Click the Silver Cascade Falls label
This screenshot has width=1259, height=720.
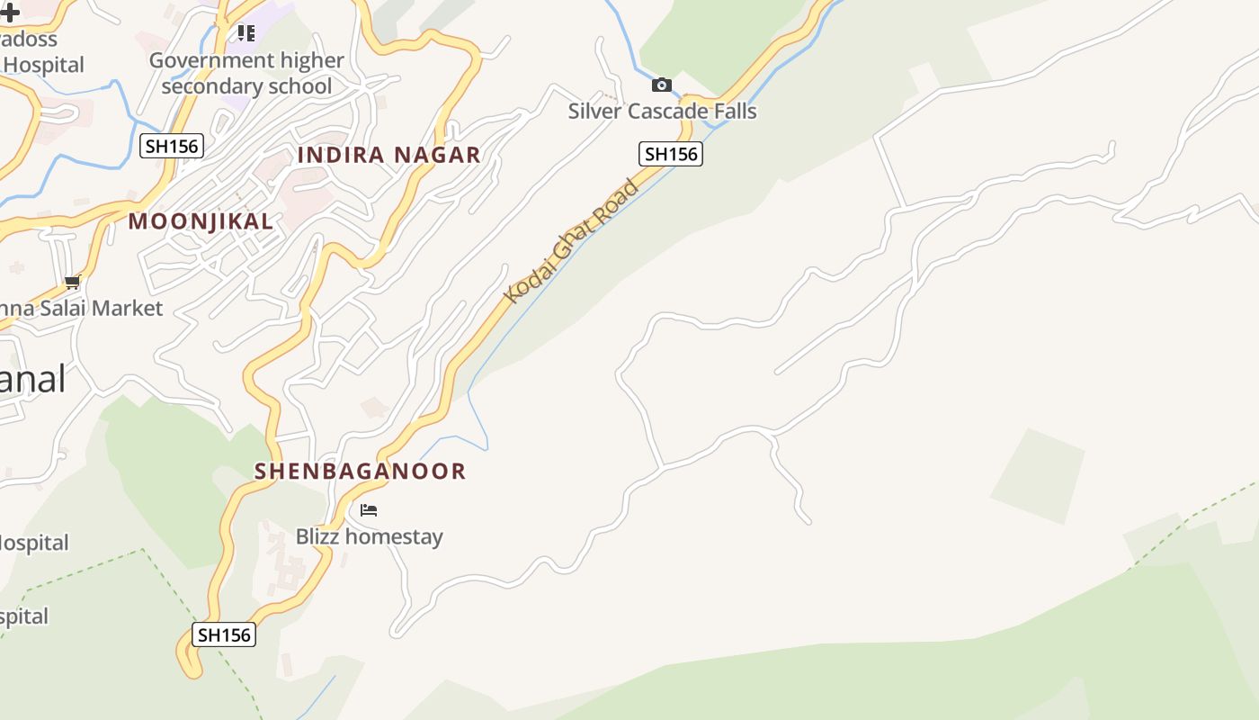coord(662,112)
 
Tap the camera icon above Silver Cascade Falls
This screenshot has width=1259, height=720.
coord(662,85)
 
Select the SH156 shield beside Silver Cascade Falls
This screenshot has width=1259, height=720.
coord(671,154)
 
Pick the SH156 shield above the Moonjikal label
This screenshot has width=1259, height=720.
coord(172,146)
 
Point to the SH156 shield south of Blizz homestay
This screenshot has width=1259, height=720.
coord(224,634)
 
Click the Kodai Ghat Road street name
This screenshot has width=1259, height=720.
coord(571,241)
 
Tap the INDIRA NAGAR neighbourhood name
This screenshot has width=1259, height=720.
coord(388,155)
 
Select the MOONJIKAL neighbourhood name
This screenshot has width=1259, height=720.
coord(201,221)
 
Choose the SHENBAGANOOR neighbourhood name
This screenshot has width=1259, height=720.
coord(360,472)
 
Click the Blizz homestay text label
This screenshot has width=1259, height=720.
coord(370,537)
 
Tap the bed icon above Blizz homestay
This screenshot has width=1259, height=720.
coord(369,510)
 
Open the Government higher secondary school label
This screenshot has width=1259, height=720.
coord(246,73)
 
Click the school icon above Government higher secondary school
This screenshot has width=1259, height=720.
coord(246,33)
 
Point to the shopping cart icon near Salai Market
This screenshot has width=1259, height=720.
coord(73,282)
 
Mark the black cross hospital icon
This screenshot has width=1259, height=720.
coord(9,13)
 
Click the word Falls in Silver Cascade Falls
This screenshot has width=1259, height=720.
coord(734,112)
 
